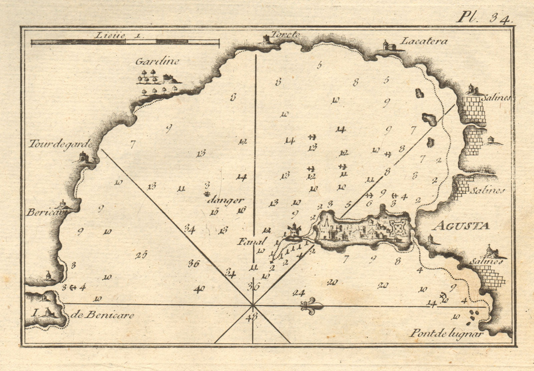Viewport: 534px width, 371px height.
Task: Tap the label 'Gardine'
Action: (x=157, y=61)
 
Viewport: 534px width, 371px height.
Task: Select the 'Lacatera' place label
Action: (x=423, y=41)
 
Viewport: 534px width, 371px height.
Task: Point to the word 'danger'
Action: (x=225, y=200)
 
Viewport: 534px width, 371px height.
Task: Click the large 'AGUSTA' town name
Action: (x=461, y=226)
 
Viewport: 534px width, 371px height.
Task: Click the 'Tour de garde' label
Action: (x=60, y=144)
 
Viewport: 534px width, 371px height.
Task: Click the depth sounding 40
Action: (x=199, y=289)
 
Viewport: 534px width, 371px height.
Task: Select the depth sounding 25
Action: (x=141, y=255)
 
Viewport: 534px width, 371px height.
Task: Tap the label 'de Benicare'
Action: (x=102, y=315)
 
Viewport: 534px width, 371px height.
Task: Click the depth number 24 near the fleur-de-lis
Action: (x=298, y=293)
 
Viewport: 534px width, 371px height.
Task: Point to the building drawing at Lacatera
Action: (x=388, y=45)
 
